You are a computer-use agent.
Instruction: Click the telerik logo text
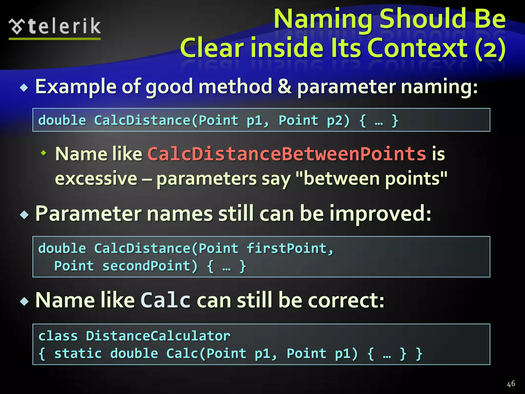click(64, 26)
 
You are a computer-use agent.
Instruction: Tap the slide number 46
click(511, 384)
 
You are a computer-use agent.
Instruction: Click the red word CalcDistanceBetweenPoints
click(287, 154)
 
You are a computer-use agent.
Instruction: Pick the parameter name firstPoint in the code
click(287, 249)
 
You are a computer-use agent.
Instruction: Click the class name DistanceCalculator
click(158, 336)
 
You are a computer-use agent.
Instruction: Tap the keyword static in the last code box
click(78, 353)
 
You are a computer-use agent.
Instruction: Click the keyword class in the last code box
click(58, 336)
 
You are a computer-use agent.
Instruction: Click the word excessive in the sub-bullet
click(96, 179)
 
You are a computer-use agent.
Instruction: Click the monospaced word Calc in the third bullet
click(165, 300)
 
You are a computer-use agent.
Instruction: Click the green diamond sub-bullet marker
click(44, 153)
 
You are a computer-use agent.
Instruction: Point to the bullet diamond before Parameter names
click(24, 214)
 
